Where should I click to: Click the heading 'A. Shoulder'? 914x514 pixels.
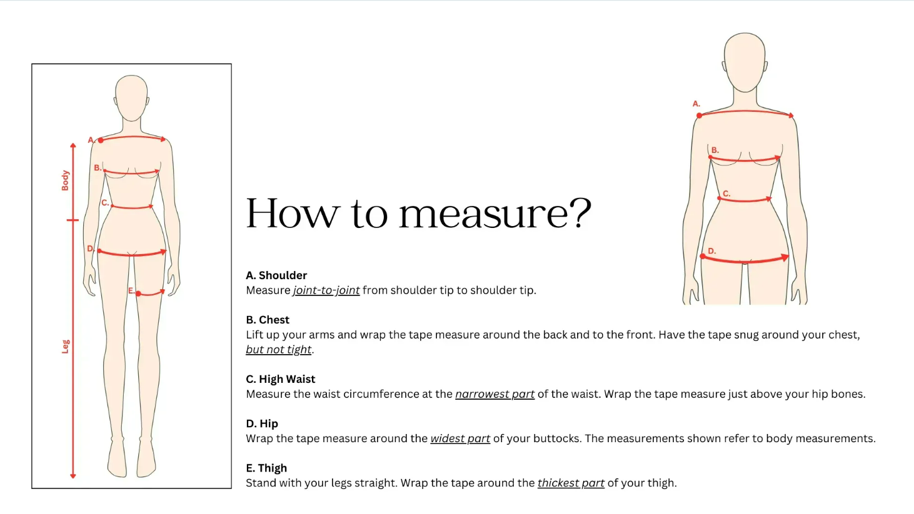click(276, 275)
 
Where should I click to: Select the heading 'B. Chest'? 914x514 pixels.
click(268, 320)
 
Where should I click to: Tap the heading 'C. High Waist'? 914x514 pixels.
click(280, 379)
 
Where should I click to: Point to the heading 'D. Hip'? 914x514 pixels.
click(261, 423)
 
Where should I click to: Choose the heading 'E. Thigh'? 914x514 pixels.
click(266, 468)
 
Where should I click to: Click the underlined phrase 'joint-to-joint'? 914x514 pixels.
click(326, 290)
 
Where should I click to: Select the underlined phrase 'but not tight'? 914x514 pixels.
click(279, 349)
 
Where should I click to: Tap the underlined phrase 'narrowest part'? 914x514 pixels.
click(495, 394)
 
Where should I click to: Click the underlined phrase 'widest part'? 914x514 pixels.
click(460, 438)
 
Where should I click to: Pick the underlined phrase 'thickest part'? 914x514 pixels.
click(571, 483)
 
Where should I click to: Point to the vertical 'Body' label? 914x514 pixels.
click(65, 180)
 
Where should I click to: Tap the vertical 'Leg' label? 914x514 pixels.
click(65, 347)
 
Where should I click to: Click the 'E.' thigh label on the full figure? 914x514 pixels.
click(131, 290)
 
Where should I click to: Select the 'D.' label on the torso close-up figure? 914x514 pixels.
click(711, 251)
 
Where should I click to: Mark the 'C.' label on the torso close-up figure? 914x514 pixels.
click(726, 194)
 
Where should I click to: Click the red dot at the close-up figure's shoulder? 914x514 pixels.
click(700, 116)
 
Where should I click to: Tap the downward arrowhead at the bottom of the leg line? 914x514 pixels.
click(73, 476)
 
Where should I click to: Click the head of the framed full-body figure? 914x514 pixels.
click(131, 98)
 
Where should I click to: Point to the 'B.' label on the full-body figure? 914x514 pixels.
click(98, 167)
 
